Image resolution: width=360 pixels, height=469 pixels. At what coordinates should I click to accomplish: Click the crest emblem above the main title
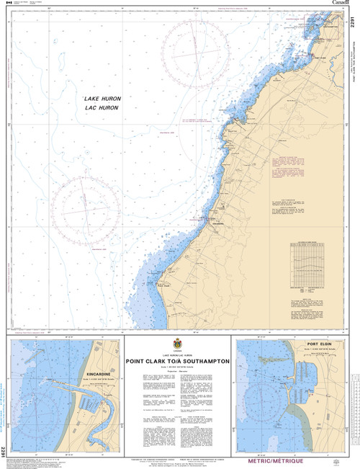coord(178,344)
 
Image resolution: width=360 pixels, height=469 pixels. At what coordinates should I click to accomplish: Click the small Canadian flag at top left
coord(8,4)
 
